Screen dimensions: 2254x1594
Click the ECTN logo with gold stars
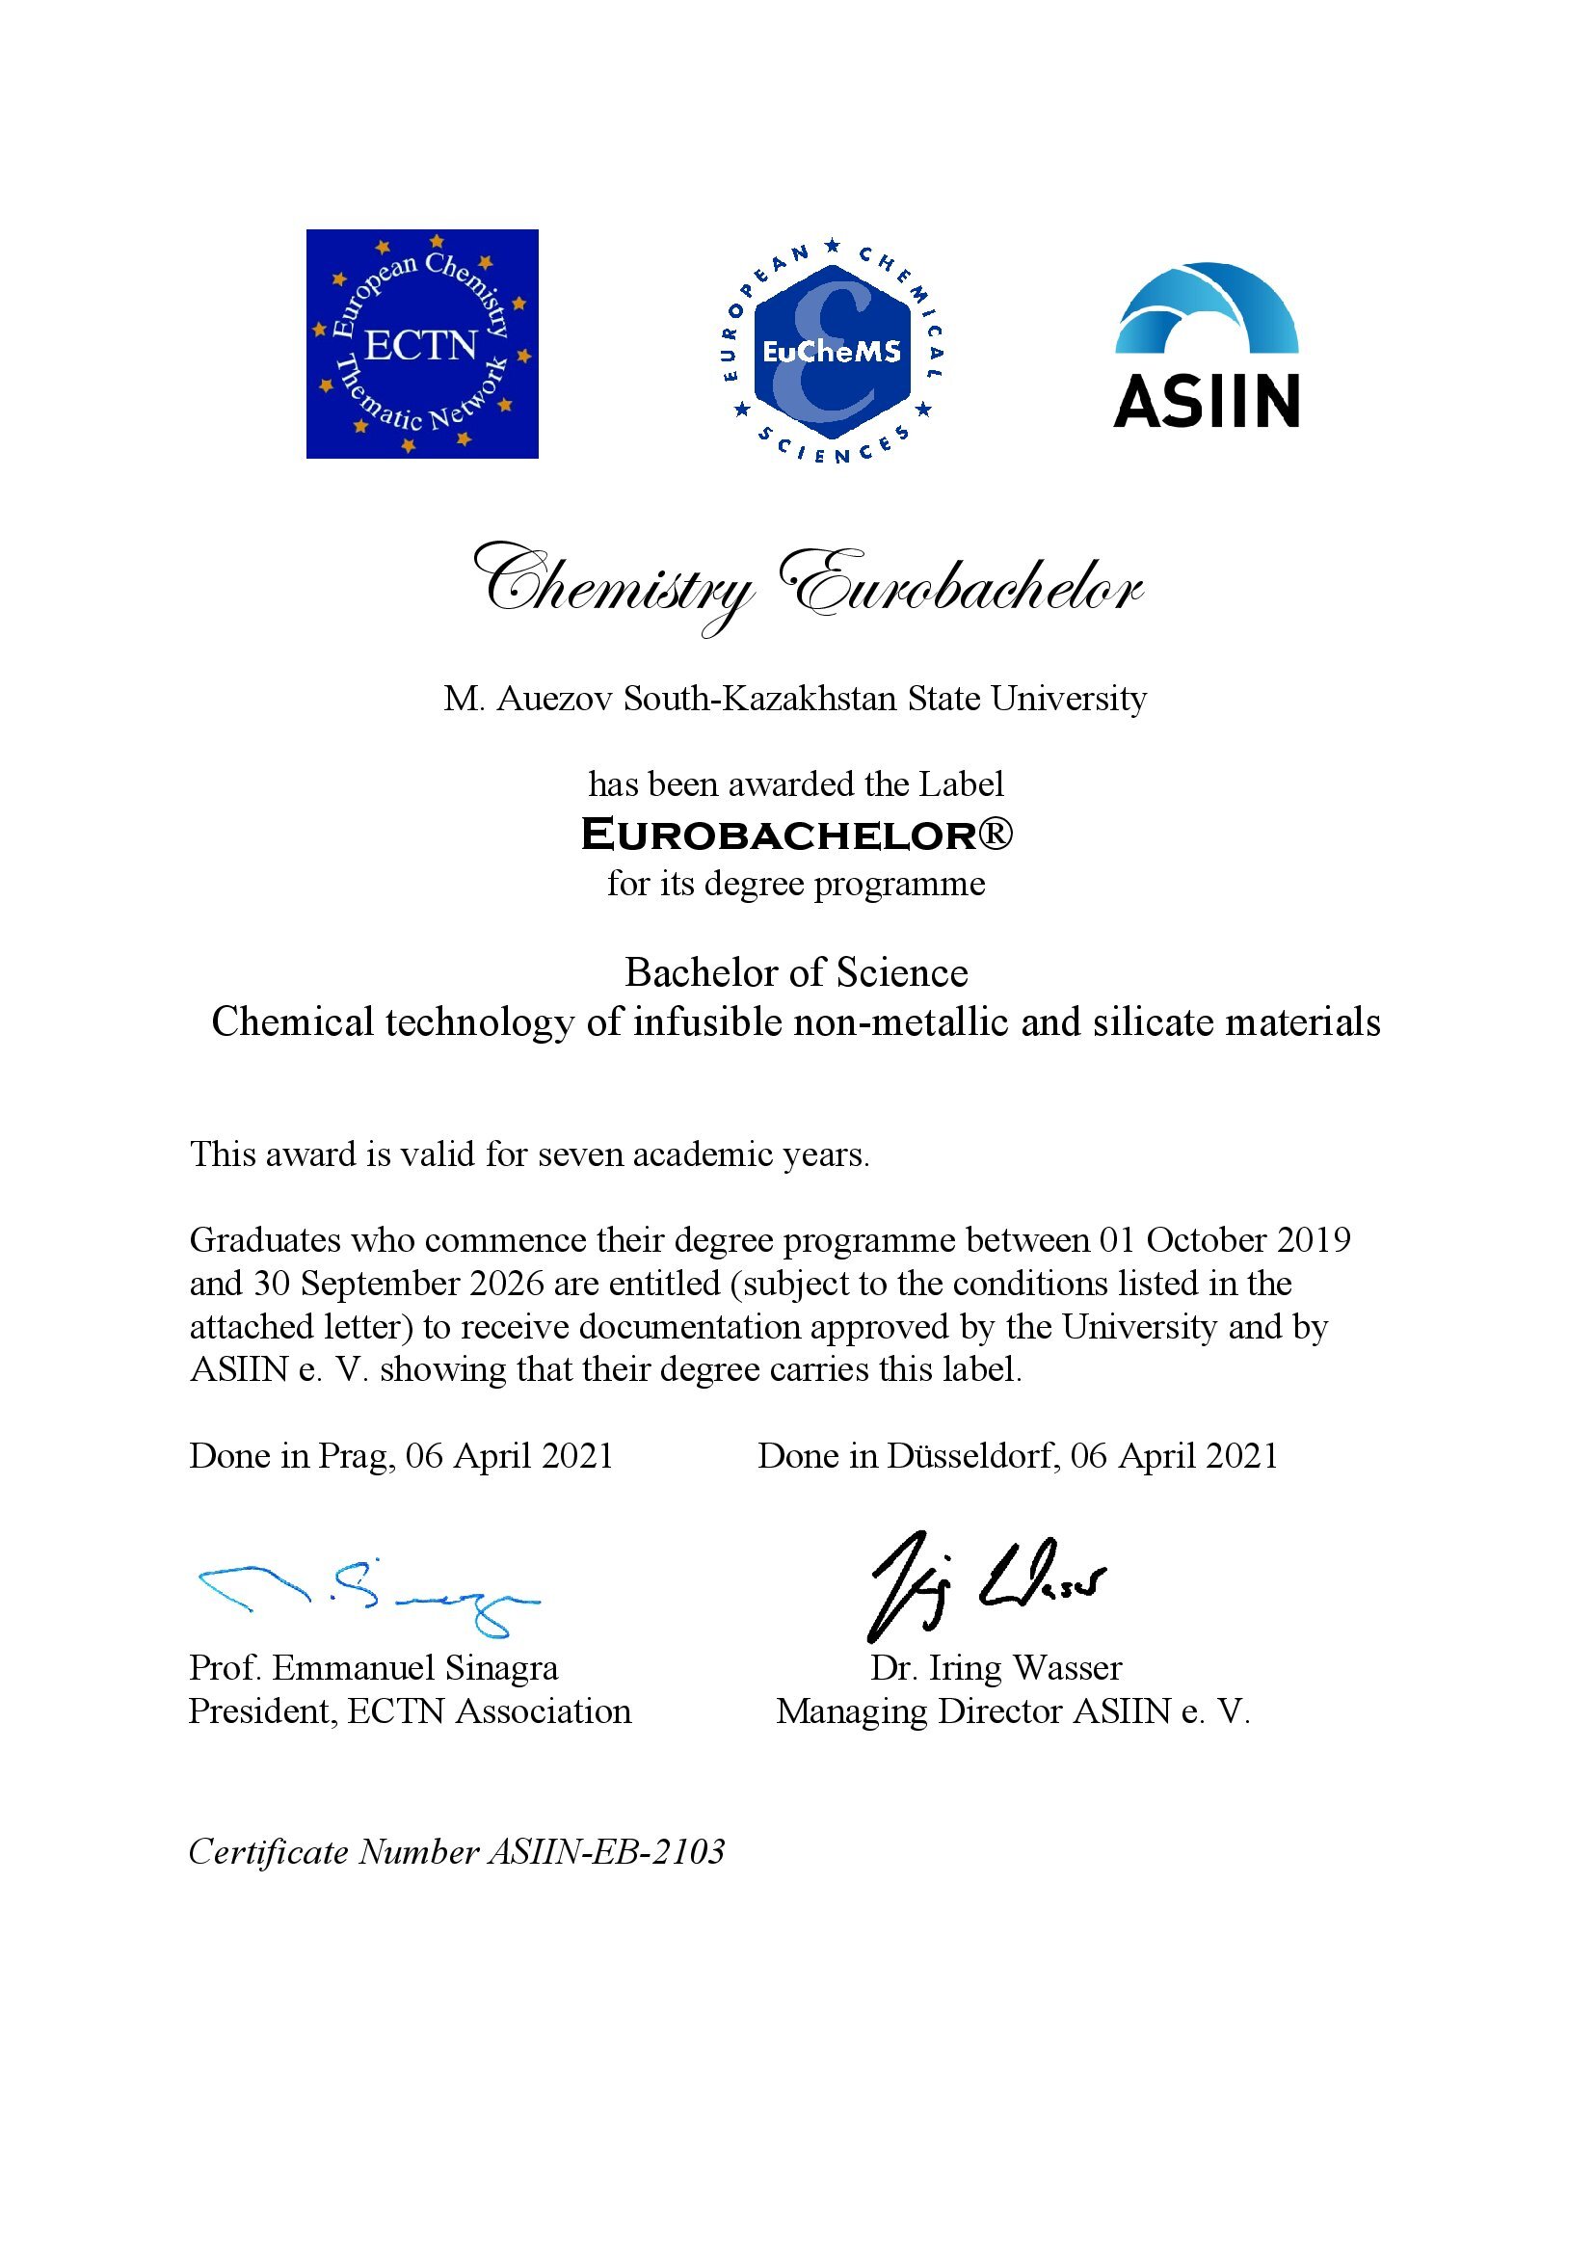(422, 344)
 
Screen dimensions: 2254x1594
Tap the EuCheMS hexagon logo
(832, 352)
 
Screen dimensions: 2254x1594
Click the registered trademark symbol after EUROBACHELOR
(996, 834)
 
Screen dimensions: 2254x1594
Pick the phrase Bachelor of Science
(796, 972)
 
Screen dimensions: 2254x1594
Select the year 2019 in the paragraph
(1314, 1240)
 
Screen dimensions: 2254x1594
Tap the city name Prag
(355, 1456)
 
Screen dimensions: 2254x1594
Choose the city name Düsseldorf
(971, 1456)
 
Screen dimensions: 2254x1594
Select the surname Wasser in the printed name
(1067, 1668)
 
